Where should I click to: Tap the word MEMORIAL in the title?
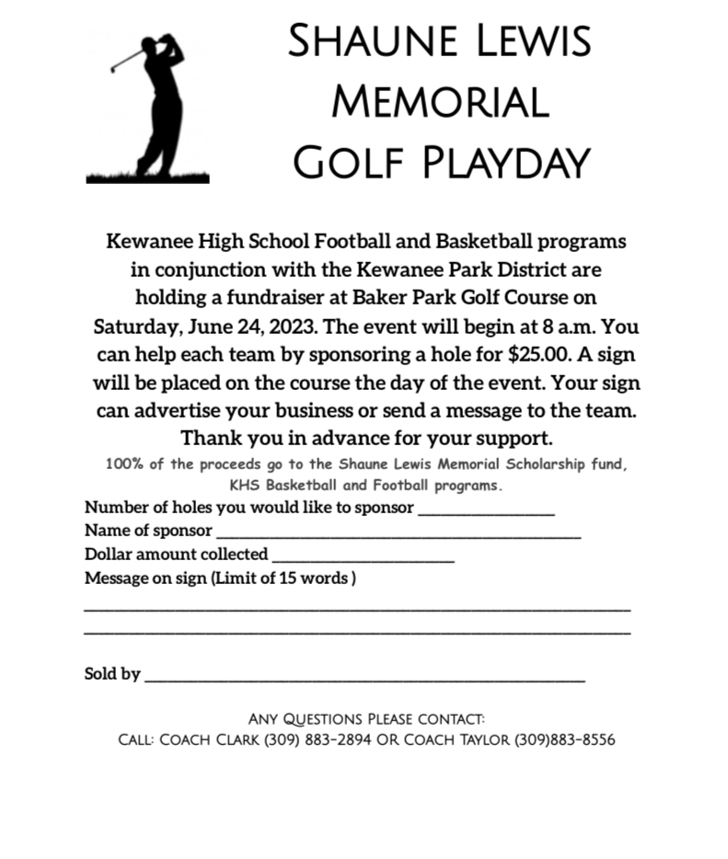click(x=440, y=100)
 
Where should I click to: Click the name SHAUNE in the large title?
click(x=359, y=41)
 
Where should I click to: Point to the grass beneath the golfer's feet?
click(x=147, y=177)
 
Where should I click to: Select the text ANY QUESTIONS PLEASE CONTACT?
click(x=366, y=718)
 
